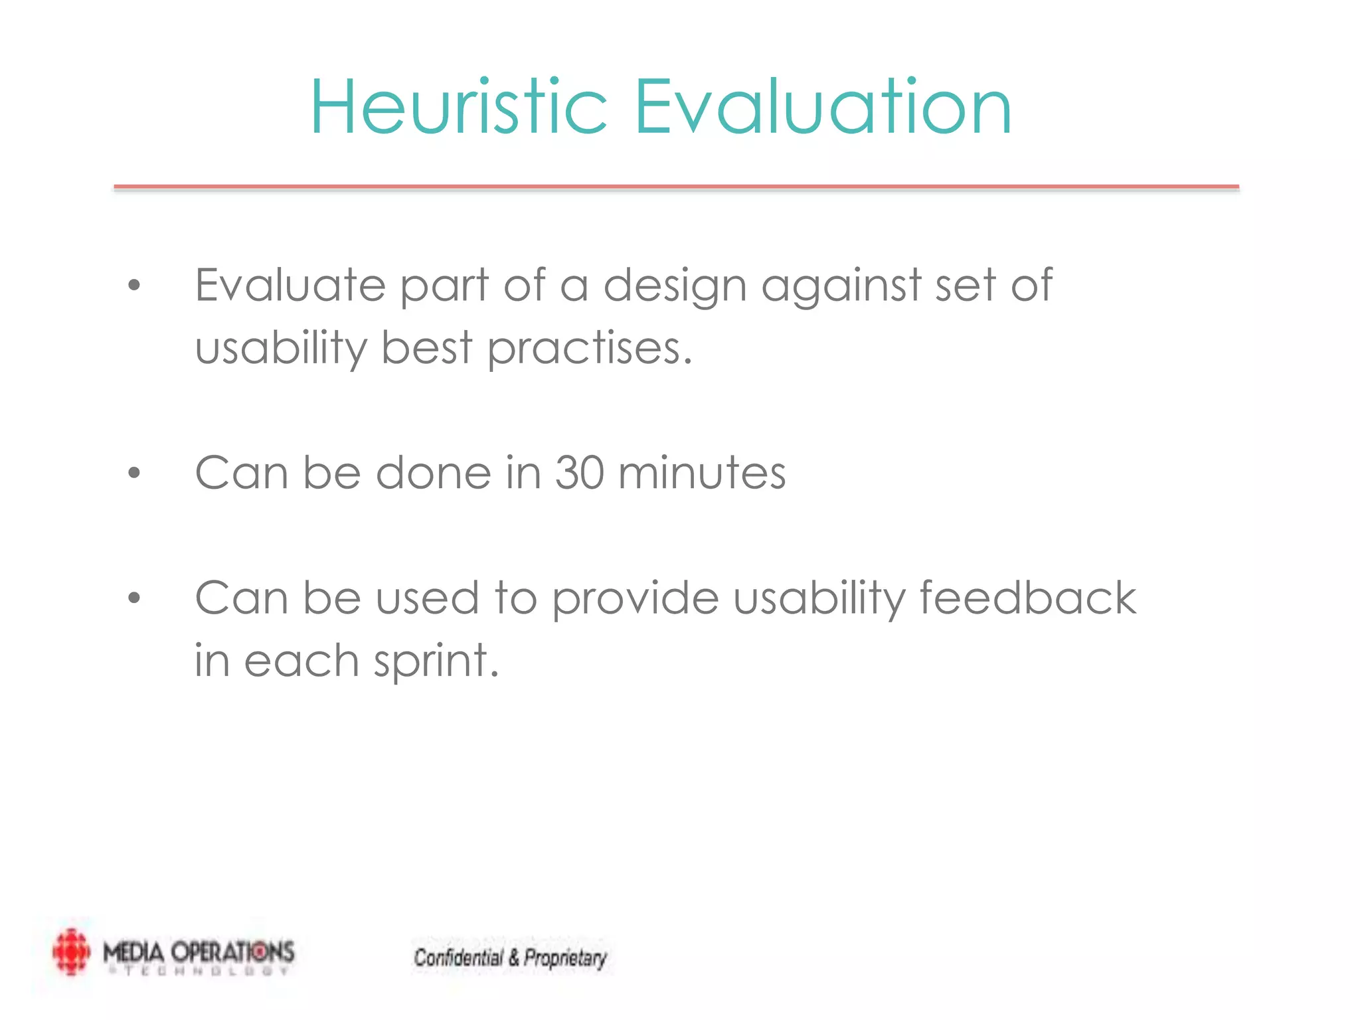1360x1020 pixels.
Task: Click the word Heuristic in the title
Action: point(458,108)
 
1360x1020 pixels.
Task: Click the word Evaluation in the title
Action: point(822,108)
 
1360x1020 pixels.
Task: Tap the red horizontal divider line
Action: point(676,187)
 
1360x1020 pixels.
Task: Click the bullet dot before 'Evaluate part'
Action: point(135,286)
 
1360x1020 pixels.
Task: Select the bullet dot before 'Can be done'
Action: point(135,473)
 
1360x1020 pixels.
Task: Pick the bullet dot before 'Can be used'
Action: point(135,598)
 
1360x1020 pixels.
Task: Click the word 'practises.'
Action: point(590,348)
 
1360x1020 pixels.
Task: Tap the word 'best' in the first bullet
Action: point(426,348)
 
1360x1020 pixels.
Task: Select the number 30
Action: point(579,473)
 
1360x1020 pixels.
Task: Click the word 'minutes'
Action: point(701,473)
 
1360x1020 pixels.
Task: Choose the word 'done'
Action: point(434,473)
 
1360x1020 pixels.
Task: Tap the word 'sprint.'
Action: point(435,661)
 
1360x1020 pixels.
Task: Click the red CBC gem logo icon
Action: point(71,952)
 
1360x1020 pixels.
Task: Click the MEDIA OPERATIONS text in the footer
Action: point(198,952)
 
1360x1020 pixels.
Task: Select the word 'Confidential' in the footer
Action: point(458,958)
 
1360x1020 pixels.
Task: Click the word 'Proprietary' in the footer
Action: point(565,958)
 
